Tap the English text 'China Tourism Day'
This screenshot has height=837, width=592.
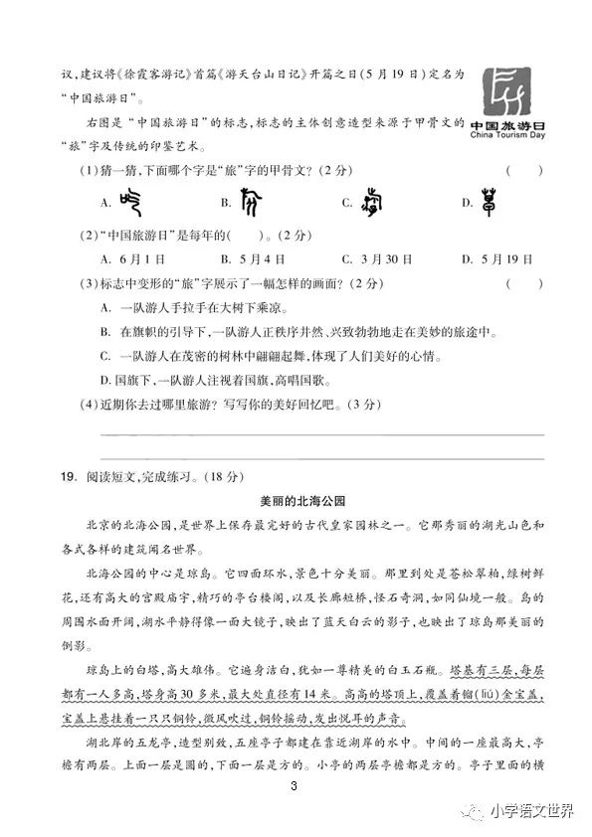tap(507, 135)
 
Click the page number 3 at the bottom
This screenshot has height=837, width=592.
tap(295, 788)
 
